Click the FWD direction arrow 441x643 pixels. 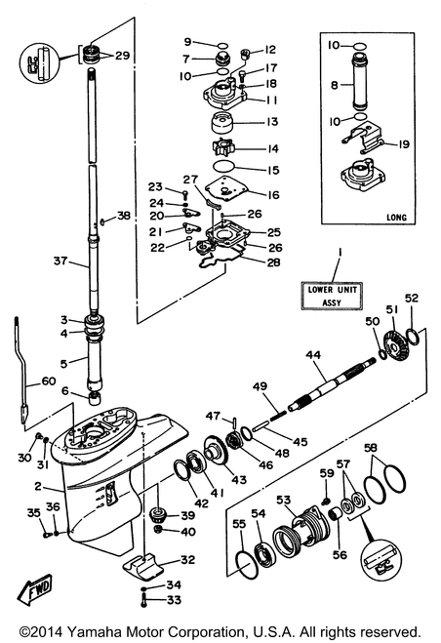34,589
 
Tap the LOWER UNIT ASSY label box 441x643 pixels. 332,296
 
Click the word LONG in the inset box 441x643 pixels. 396,217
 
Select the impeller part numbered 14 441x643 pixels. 223,147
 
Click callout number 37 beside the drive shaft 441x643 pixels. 60,260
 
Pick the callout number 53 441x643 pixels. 283,500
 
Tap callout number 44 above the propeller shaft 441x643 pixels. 313,355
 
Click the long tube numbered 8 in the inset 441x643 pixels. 360,84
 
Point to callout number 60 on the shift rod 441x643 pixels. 49,381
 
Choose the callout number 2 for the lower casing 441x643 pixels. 38,486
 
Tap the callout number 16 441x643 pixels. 273,195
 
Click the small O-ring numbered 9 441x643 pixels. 222,45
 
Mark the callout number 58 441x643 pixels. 371,448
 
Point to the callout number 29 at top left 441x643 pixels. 122,56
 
